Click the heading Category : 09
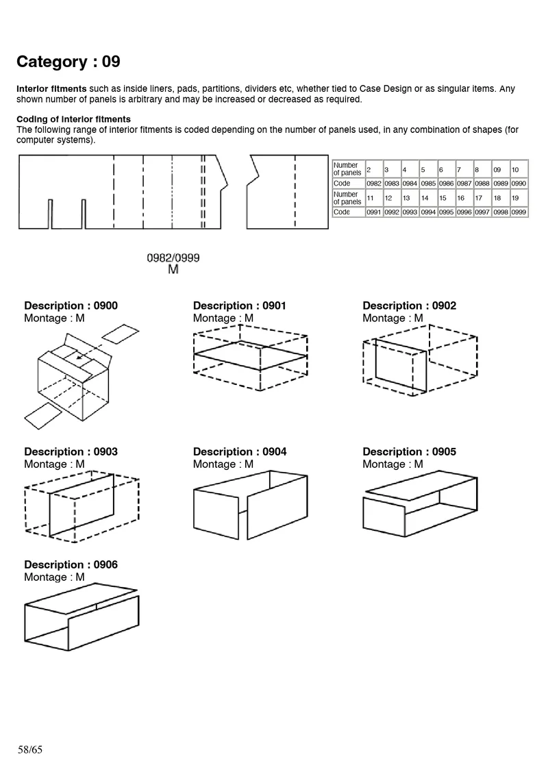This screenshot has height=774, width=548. point(68,62)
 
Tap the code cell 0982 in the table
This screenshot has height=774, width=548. point(374,184)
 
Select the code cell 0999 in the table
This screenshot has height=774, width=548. point(519,212)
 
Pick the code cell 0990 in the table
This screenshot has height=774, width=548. point(519,184)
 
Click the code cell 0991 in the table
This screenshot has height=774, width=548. point(374,212)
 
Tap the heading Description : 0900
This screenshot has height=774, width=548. point(71,305)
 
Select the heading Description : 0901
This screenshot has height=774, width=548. point(240,305)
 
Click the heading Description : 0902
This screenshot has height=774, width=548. point(409,305)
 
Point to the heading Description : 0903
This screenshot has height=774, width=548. point(71,451)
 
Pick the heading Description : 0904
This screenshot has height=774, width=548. point(240,451)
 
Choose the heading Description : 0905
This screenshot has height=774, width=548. point(409,451)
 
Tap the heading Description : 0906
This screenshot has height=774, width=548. point(71,564)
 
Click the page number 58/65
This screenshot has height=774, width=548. point(30,749)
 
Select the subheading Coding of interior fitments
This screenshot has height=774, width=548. point(73,119)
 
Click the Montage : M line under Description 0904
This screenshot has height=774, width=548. point(223,464)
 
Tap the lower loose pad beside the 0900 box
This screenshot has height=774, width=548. point(42,413)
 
